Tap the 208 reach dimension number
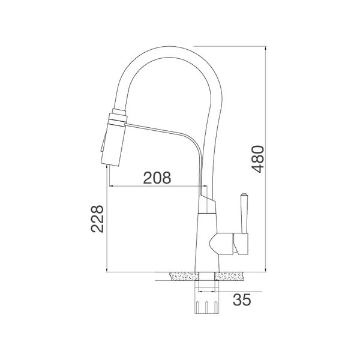pos(157,178)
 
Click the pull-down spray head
pos(114,141)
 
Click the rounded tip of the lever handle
pos(244,196)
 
